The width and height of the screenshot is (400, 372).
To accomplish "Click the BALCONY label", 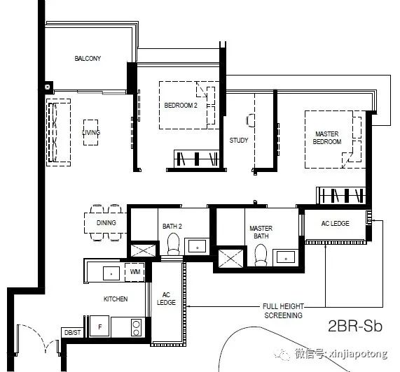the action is coord(88,59).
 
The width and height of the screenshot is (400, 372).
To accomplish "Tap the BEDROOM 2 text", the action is coord(181,105).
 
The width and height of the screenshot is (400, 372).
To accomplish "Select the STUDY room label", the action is coord(238,141).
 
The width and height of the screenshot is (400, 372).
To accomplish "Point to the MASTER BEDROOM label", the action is coord(326,138).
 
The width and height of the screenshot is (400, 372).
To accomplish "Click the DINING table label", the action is coord(106,223).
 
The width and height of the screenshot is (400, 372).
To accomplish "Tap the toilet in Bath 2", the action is coord(173,244).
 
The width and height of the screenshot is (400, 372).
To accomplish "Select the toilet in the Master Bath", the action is coord(261,255).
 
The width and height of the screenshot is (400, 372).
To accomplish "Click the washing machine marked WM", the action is coord(135,272).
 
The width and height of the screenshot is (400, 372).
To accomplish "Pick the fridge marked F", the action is coord(99,327).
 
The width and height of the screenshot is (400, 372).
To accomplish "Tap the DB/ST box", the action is coord(72,333).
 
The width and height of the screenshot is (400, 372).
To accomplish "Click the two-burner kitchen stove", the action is coord(136,328).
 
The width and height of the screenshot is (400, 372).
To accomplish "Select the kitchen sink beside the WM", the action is coord(111,273).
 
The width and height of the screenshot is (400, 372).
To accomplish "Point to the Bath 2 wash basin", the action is coord(197,246).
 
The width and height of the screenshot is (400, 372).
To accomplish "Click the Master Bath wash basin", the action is coord(286,257).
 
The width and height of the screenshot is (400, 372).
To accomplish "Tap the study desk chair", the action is coord(250,120).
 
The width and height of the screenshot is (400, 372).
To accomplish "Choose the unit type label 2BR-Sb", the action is coord(355,326).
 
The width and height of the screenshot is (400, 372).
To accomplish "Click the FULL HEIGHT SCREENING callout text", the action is coord(283,311).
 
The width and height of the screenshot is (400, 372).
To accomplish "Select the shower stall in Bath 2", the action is coord(143,250).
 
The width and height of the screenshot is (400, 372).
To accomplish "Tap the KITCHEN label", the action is coord(116,299).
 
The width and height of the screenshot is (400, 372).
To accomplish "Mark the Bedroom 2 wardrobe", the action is coord(196,159).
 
